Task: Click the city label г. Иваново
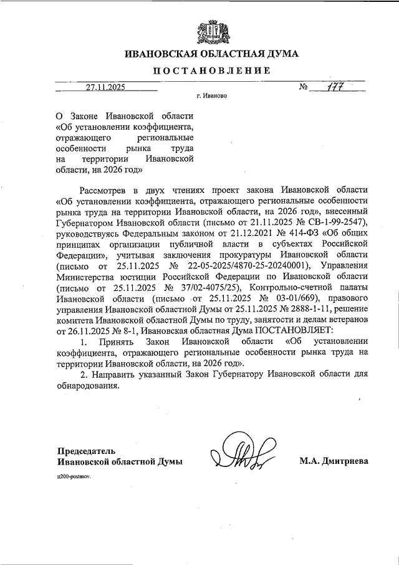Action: coord(211,97)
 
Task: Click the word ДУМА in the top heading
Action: coord(280,54)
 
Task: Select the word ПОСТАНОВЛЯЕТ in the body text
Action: coord(292,330)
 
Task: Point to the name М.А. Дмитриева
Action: coord(334,461)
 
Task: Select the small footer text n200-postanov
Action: coord(74,476)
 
